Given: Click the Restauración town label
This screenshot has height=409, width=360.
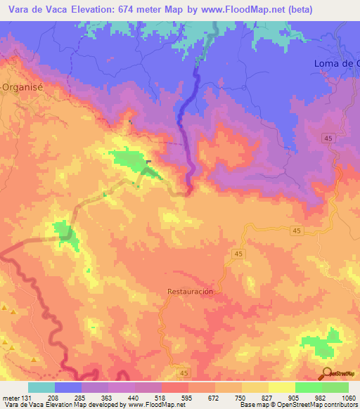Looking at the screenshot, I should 190,290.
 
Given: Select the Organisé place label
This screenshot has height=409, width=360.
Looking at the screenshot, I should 23,88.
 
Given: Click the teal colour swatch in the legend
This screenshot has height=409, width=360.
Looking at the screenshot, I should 41,387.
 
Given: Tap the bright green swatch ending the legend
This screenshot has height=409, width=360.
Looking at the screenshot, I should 335,387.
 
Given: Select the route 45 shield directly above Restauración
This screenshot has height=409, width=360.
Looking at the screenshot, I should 239,253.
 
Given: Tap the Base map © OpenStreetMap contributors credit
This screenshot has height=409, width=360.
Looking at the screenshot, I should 298,405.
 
